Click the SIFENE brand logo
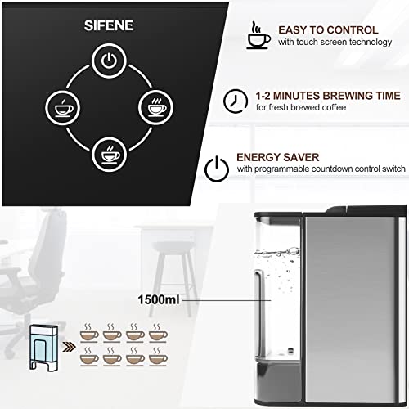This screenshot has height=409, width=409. point(109,25)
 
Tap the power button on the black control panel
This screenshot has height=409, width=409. point(109,61)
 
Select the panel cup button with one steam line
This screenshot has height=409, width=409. point(63,107)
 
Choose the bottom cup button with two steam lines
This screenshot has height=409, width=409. point(109,155)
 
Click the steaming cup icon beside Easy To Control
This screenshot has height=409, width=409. point(258,35)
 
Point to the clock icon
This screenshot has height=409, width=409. point(236,101)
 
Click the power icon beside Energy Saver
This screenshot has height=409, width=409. point(217,169)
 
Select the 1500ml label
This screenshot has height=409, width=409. point(159,299)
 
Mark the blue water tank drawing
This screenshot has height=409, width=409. point(43,348)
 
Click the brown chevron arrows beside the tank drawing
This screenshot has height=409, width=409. point(70,347)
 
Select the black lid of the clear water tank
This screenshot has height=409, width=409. point(278,218)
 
